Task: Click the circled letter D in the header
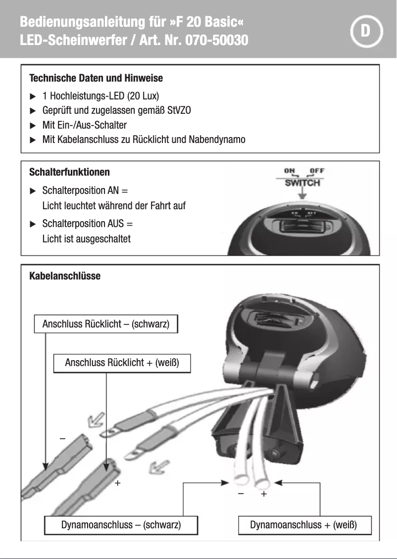click(366, 31)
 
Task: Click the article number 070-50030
click(216, 40)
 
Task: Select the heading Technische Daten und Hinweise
click(96, 78)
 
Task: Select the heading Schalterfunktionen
click(69, 172)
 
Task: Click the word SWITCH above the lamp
click(302, 183)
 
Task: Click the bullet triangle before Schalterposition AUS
click(33, 224)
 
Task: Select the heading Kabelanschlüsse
click(65, 276)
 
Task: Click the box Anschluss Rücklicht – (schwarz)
click(105, 325)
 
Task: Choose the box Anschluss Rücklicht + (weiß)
click(121, 363)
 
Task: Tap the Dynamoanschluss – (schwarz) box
click(121, 525)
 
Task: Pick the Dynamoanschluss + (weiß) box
click(303, 525)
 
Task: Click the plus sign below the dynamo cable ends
click(264, 494)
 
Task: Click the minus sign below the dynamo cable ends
click(240, 494)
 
